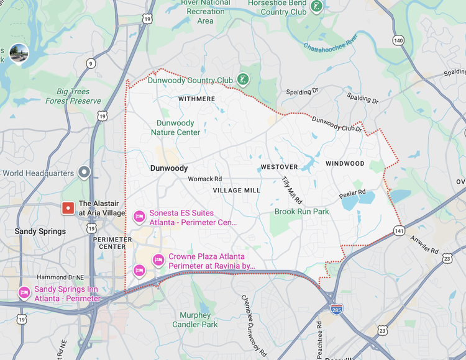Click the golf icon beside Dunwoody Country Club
(x=244, y=79)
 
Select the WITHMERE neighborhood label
(x=196, y=99)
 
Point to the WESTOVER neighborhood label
(x=279, y=167)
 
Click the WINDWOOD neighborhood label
(x=345, y=164)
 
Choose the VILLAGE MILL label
(x=237, y=191)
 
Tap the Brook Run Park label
(x=302, y=212)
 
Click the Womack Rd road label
(x=205, y=179)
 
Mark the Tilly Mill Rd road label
(x=291, y=190)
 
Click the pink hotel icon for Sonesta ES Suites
(x=140, y=217)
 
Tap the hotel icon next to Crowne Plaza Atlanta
(x=158, y=259)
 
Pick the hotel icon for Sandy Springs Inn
(x=24, y=293)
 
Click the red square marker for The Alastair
(x=67, y=208)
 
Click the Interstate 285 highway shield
(x=336, y=308)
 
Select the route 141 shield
(x=398, y=231)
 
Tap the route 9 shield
(x=91, y=63)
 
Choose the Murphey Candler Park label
(x=194, y=320)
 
